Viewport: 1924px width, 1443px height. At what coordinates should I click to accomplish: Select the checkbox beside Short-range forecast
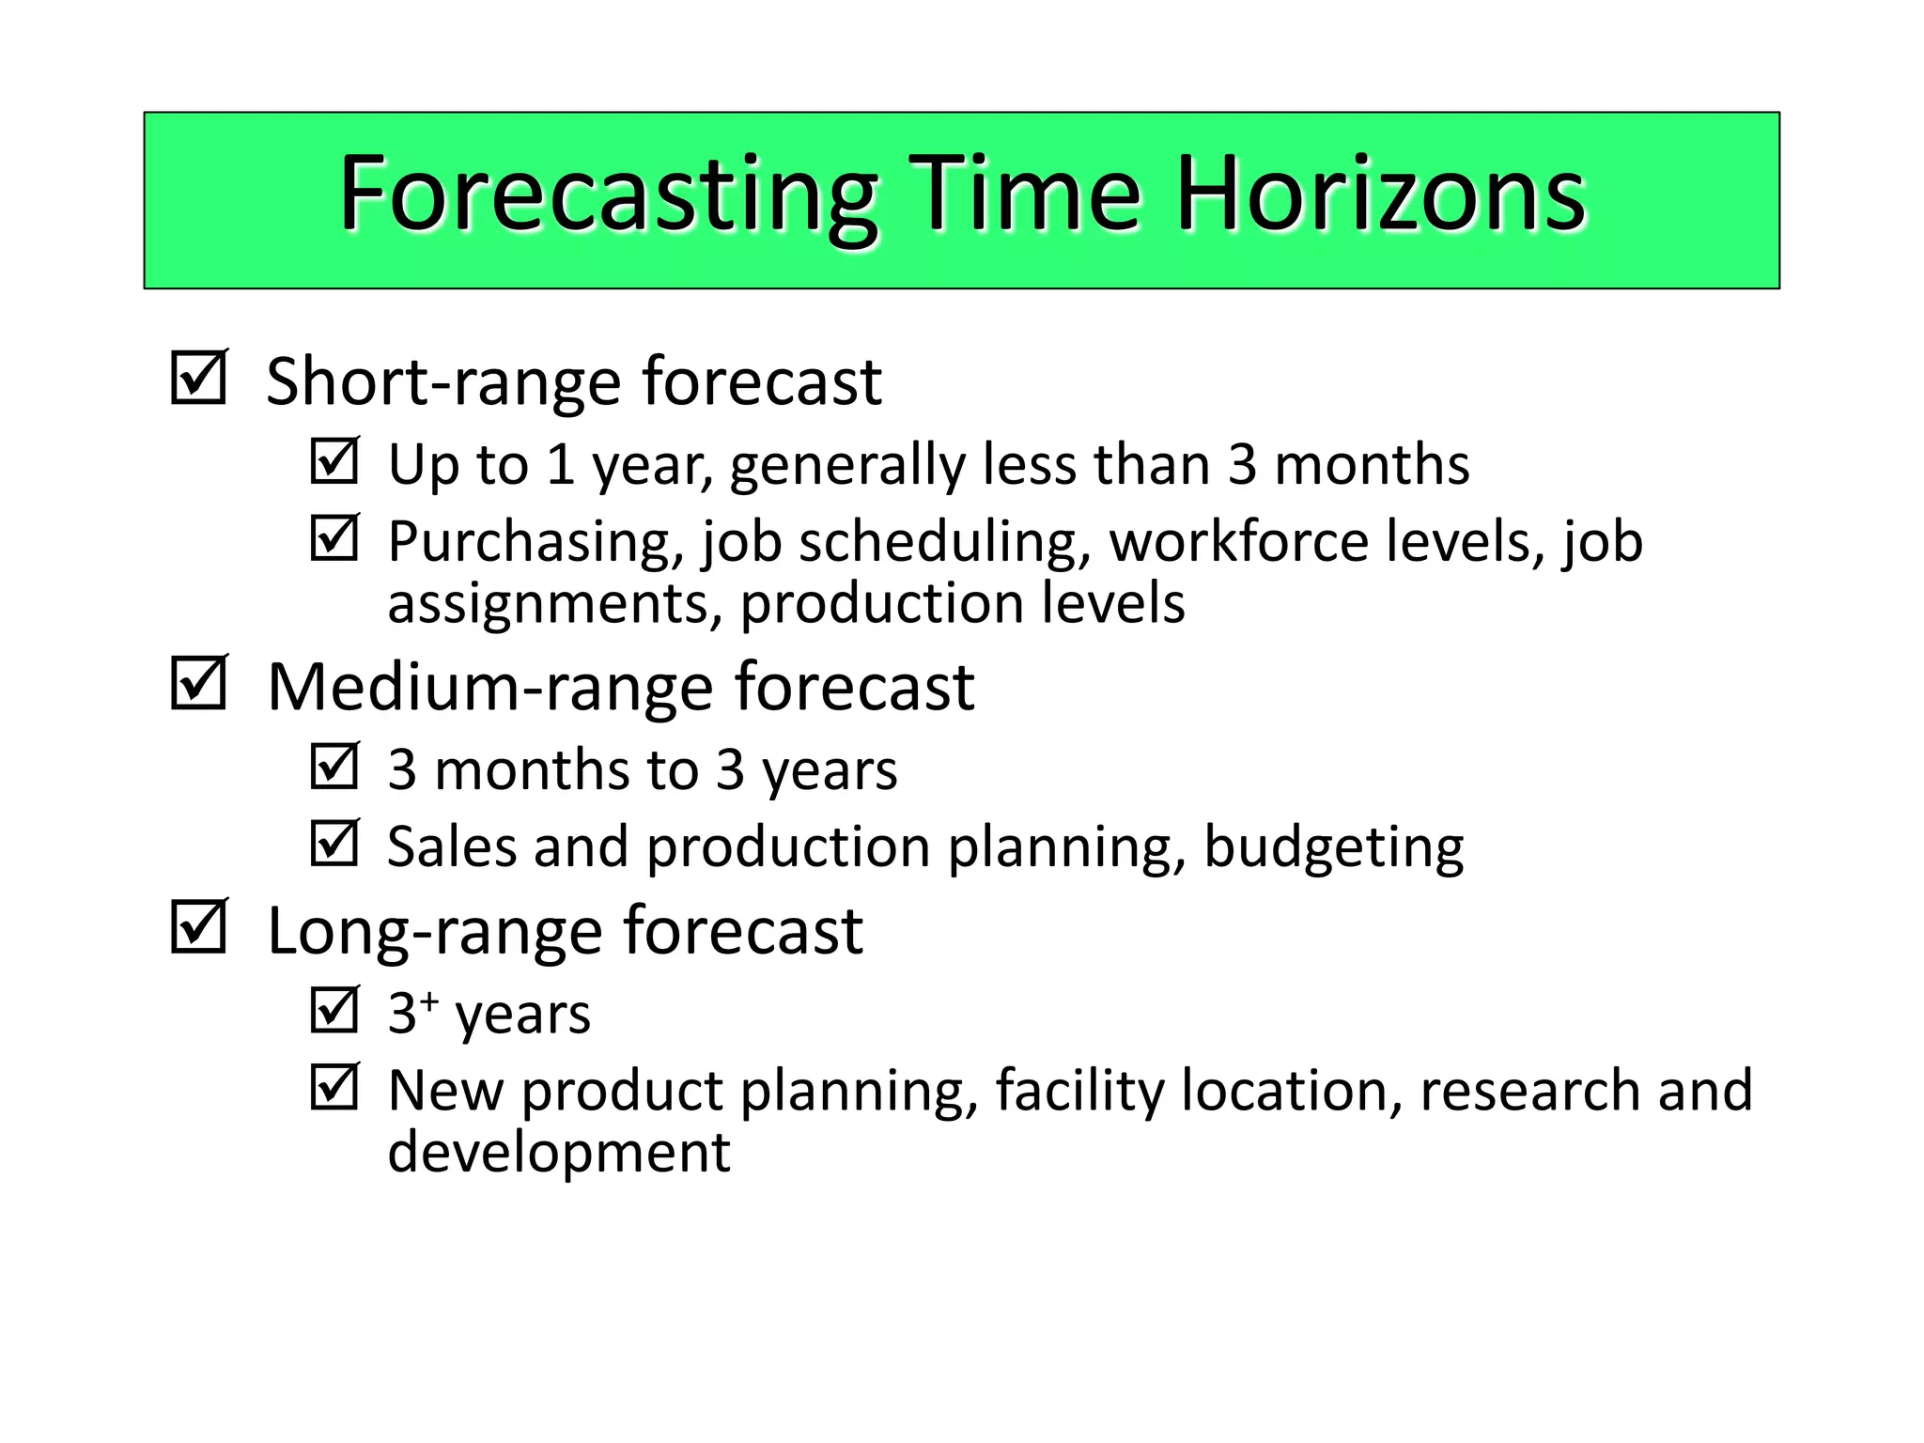[x=198, y=378]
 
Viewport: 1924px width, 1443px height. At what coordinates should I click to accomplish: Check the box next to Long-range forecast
[x=198, y=926]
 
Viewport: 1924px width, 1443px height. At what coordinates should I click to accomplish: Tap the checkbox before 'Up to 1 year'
[x=334, y=460]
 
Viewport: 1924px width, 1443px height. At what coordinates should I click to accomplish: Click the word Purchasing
[x=535, y=543]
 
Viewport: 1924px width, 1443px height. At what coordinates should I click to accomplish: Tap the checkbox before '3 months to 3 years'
[x=334, y=766]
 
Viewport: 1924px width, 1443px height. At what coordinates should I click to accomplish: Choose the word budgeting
[x=1333, y=847]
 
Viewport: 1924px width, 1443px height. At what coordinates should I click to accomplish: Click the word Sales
[x=451, y=847]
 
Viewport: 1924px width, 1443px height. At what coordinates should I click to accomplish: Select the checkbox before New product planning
[x=334, y=1087]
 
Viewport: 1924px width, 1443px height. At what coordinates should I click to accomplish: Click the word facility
[x=1079, y=1092]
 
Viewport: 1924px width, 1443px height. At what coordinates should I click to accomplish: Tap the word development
[x=558, y=1153]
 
